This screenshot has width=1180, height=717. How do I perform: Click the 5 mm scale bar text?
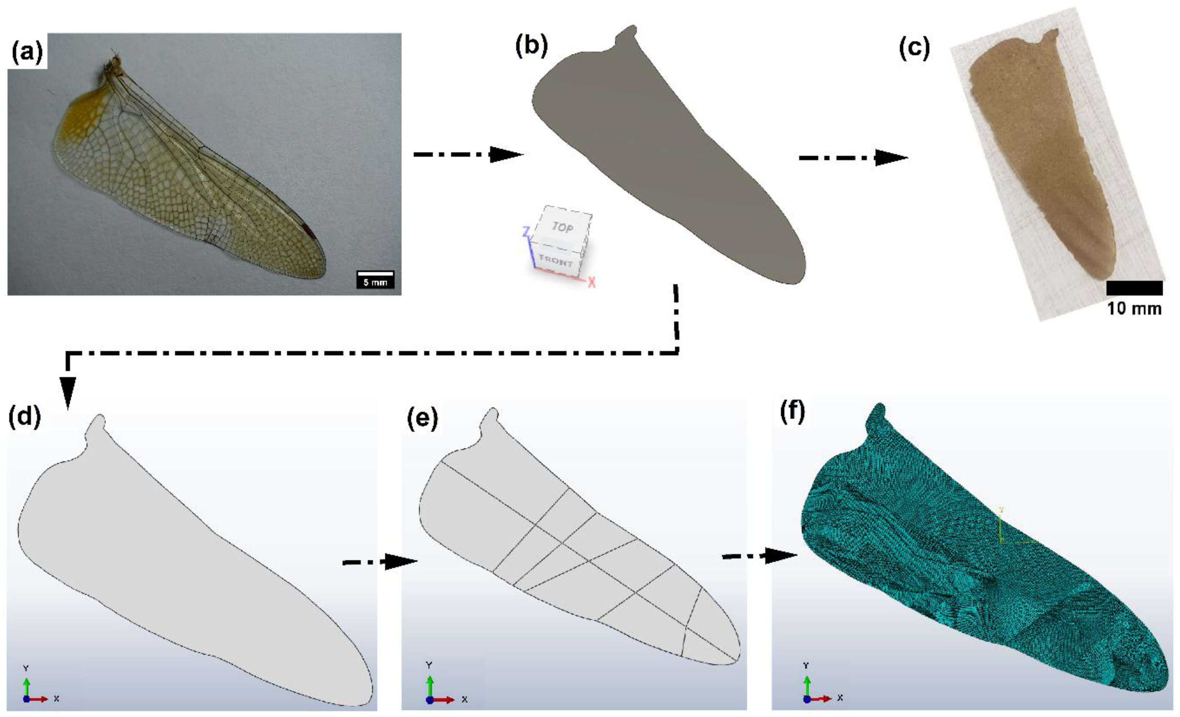click(375, 282)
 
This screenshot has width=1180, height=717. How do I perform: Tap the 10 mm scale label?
click(1134, 309)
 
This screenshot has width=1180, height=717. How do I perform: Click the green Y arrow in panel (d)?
click(26, 686)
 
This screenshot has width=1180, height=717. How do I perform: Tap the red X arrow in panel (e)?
click(444, 699)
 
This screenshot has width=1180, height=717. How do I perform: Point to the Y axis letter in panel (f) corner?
click(806, 665)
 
